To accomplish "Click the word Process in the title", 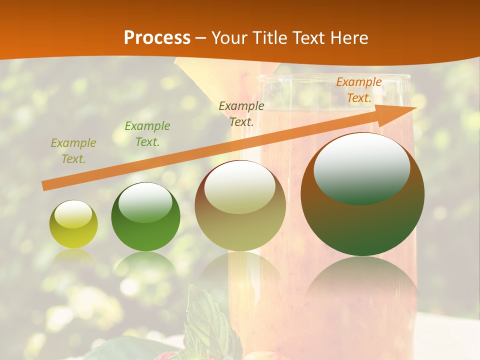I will [157, 38].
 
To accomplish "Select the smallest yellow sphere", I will [73, 224].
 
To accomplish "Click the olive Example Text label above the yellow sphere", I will [73, 151].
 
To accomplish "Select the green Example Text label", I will [147, 134].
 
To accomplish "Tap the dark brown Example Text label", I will [241, 113].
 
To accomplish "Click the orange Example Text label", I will [359, 90].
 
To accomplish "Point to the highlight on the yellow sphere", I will [73, 213].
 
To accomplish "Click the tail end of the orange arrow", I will [46, 186].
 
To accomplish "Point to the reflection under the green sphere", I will [145, 265].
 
